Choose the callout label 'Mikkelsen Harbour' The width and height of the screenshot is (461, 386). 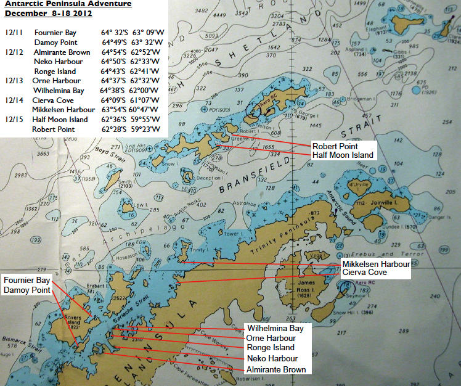[376, 264]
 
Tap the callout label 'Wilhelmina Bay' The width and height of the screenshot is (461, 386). [279, 328]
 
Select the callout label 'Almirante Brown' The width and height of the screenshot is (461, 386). [277, 369]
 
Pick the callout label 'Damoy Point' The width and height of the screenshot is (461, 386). [27, 289]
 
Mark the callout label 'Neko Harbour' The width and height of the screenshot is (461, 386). [272, 358]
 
